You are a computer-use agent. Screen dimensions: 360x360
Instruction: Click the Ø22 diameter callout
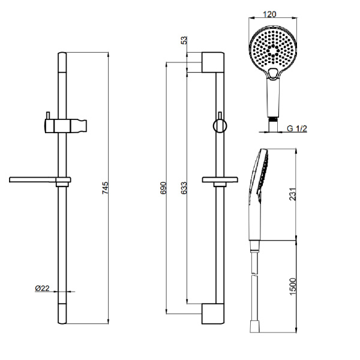click(42, 289)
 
